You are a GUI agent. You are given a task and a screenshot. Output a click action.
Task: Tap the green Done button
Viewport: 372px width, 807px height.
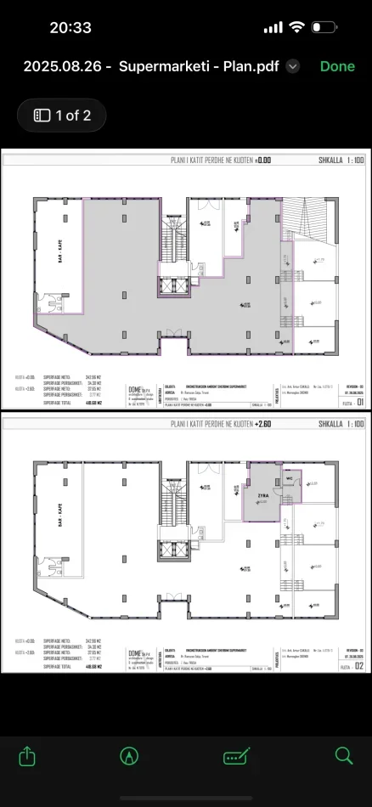[x=337, y=66]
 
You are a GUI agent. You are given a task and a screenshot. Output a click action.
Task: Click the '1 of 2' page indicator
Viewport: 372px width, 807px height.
[x=62, y=116]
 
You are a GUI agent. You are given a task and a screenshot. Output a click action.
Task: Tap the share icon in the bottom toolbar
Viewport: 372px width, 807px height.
[x=28, y=755]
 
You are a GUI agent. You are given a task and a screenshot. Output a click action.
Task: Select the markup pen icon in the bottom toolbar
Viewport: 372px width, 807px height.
[x=129, y=755]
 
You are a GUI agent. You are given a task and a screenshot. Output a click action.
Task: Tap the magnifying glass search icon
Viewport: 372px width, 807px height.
[x=344, y=755]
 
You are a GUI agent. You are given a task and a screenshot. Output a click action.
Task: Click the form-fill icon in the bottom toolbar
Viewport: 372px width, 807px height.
[x=235, y=755]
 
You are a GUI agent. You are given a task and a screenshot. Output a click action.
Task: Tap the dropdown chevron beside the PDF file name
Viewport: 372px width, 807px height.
[x=293, y=66]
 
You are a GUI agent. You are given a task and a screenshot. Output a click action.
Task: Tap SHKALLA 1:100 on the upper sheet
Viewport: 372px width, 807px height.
[x=341, y=160]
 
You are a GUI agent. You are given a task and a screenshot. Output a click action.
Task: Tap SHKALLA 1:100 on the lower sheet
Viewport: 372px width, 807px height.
[x=341, y=422]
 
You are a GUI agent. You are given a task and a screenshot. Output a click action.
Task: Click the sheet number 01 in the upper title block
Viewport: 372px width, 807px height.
[x=359, y=403]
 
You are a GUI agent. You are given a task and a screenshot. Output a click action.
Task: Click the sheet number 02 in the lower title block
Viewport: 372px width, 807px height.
[x=359, y=665]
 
